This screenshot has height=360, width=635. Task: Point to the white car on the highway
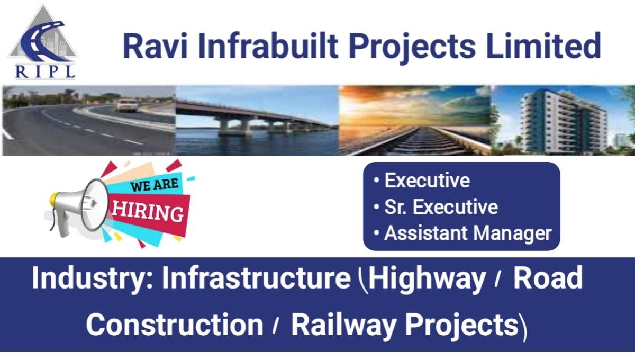[x=128, y=104]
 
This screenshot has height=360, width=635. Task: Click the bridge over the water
[x=254, y=119]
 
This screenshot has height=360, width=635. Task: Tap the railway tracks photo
[x=414, y=121]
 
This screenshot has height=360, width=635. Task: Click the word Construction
[x=175, y=325]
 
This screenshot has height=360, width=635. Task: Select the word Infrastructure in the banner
[x=256, y=278]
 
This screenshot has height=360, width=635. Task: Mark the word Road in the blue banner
[x=548, y=278]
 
